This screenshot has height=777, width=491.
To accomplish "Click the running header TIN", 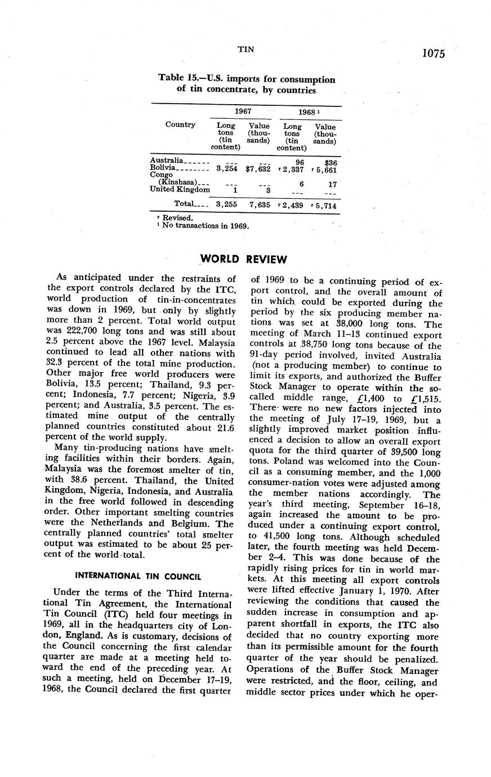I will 245,50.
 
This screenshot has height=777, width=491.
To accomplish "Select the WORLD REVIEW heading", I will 244,260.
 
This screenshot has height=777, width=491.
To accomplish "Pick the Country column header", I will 180,124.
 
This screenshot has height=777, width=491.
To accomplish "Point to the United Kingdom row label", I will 180,190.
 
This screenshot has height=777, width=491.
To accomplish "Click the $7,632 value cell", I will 258,168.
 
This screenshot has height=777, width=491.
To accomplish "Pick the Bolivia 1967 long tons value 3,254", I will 226,168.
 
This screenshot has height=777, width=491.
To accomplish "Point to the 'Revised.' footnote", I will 177,218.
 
